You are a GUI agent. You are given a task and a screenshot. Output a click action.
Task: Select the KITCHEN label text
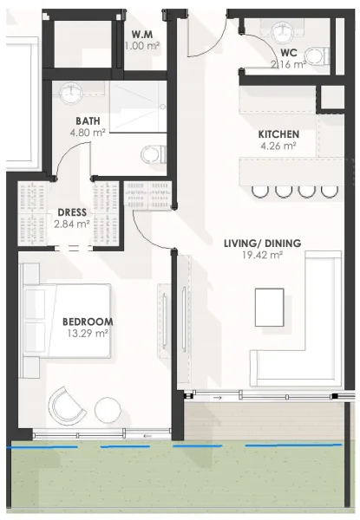coord(278,134)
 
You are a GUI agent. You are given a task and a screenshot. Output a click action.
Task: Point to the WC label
coord(290,52)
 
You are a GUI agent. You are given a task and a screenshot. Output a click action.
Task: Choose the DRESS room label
coord(71,211)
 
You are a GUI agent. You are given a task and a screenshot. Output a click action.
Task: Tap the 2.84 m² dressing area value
coord(71,223)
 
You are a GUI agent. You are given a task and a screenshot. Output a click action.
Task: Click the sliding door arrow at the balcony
coord(217,398)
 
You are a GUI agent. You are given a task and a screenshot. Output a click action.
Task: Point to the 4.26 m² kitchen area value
coord(278,146)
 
